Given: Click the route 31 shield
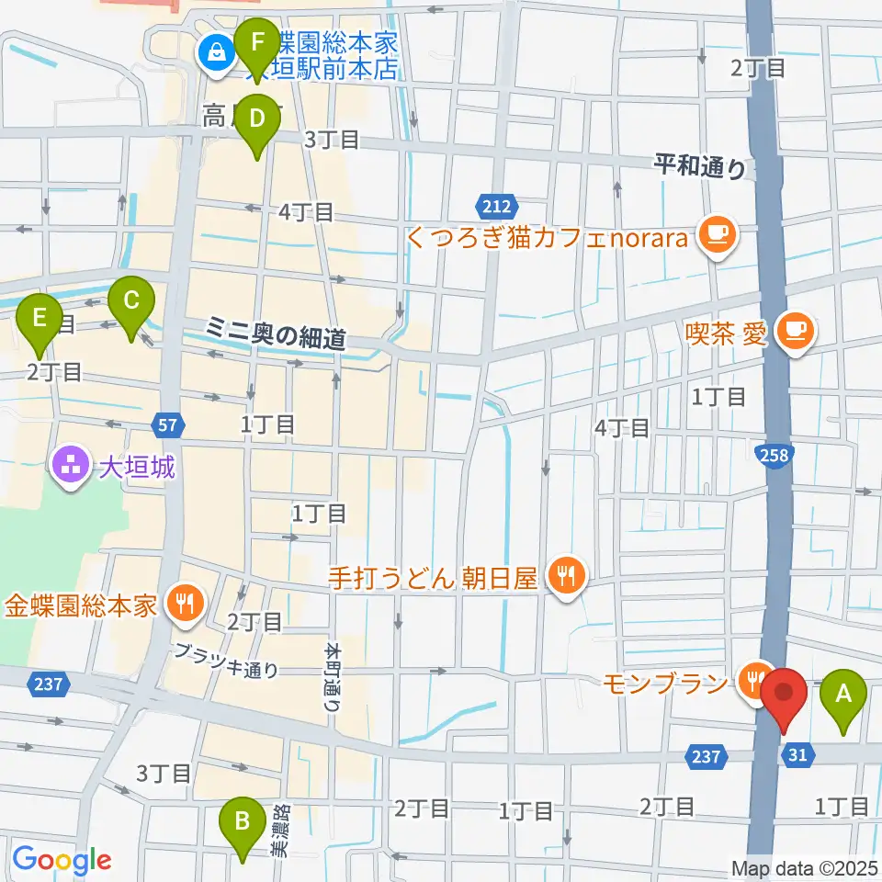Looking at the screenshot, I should click(796, 754).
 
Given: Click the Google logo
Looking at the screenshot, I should click(62, 859).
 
